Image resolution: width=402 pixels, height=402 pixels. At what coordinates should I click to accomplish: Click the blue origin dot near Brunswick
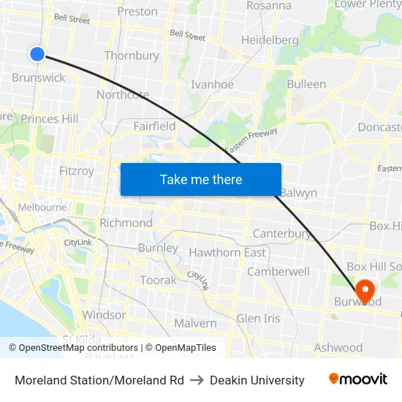tap(37, 53)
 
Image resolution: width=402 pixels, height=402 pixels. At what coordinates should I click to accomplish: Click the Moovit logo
tap(358, 379)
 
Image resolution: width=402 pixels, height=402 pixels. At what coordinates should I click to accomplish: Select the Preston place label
tap(137, 11)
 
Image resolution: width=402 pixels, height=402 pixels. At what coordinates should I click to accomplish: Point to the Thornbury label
tap(132, 56)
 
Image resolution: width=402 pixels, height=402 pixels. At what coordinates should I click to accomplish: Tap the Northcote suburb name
tap(123, 94)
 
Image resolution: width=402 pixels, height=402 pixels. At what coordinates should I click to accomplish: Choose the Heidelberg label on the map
tap(270, 39)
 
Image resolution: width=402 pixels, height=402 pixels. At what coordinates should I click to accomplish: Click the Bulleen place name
tap(306, 84)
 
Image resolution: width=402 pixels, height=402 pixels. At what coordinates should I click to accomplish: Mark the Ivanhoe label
tap(212, 84)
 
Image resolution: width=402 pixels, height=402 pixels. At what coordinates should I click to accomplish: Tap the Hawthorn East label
tap(227, 252)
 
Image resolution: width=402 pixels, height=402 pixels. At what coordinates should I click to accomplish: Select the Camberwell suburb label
tap(278, 271)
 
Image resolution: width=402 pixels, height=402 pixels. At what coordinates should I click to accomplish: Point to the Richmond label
tap(126, 223)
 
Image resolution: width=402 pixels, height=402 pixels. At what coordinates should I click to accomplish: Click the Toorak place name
tap(158, 280)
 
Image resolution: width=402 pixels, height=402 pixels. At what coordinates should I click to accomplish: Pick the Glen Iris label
tap(258, 318)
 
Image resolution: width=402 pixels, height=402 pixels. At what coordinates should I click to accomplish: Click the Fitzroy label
tap(76, 170)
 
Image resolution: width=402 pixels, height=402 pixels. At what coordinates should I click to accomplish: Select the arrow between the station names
tap(197, 380)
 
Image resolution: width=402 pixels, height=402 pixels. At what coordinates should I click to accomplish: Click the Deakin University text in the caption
tap(257, 380)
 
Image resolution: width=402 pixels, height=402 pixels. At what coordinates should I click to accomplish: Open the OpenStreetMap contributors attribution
tap(77, 348)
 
